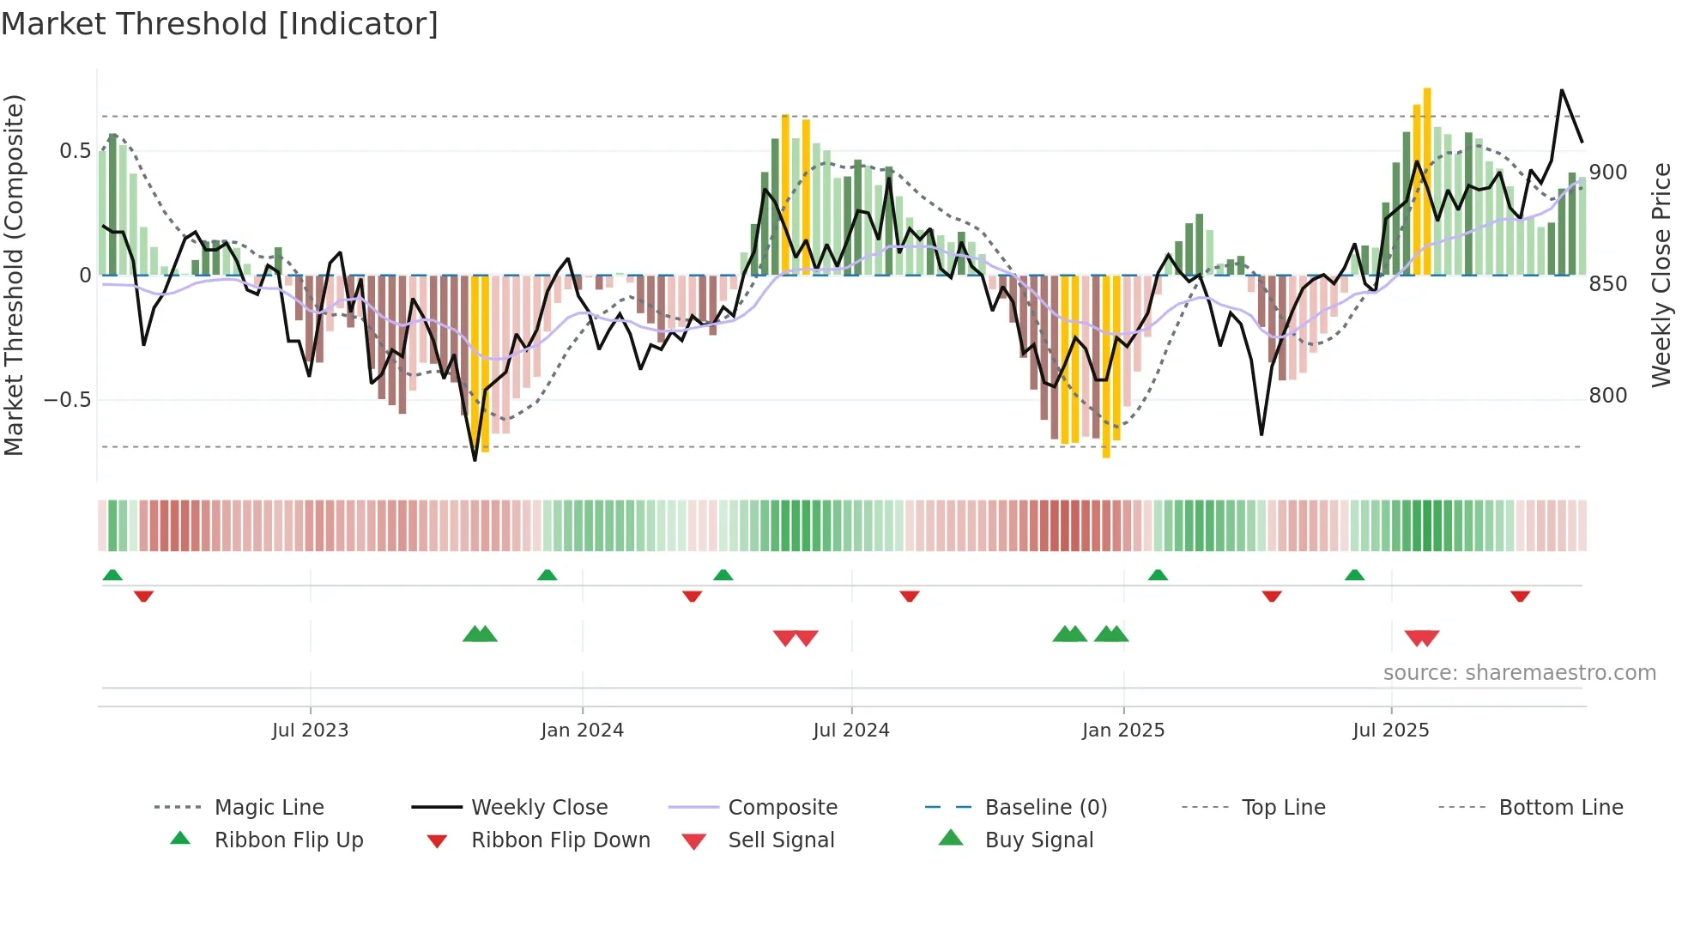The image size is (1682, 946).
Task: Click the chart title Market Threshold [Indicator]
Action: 220,24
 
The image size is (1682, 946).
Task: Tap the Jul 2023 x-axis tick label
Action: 310,731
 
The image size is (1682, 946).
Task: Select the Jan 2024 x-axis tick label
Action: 582,731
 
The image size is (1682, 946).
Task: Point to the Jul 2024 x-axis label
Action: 850,731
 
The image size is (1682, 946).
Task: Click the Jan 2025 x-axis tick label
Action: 1122,731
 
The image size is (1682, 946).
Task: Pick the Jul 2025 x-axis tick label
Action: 1390,731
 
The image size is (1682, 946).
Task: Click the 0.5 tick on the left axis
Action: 76,151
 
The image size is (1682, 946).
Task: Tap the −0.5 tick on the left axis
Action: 68,400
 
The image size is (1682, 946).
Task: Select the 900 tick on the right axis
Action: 1607,173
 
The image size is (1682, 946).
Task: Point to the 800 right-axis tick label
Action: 1607,396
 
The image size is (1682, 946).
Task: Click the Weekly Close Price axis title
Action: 1661,275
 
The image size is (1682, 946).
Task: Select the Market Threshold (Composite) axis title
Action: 14,275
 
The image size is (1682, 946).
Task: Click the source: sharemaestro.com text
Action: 1519,673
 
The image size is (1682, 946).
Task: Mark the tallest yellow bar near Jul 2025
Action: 1426,180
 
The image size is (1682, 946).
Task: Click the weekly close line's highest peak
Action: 1561,90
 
